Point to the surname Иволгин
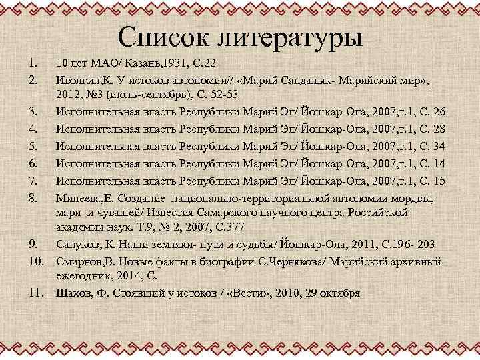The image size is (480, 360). pyautogui.click(x=78, y=81)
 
